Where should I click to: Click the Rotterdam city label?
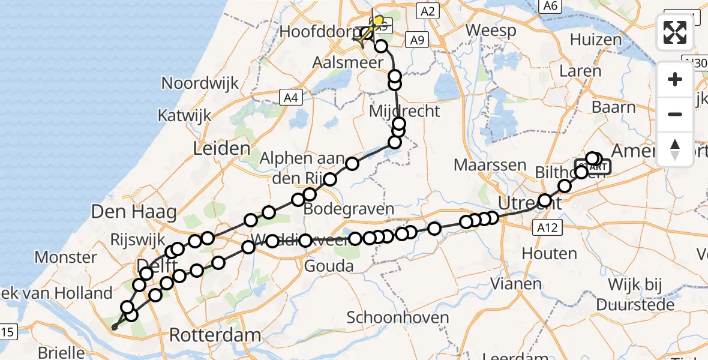click(216, 335)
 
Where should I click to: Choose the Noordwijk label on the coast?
click(200, 83)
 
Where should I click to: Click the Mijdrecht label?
click(404, 111)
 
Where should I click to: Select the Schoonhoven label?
click(398, 317)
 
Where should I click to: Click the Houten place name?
click(549, 253)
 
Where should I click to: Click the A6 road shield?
click(549, 5)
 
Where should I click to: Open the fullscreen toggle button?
click(675, 32)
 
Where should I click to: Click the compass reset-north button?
click(675, 149)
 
